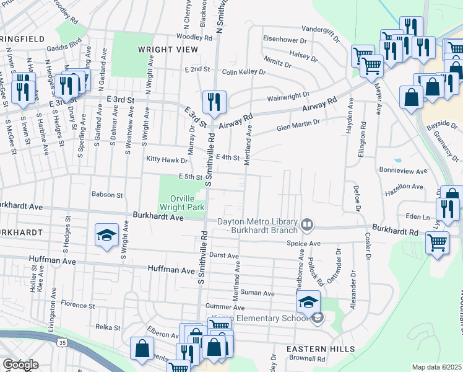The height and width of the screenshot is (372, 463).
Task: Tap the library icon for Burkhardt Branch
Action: pos(307,224)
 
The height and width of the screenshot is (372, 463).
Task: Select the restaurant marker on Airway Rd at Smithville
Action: pos(214,102)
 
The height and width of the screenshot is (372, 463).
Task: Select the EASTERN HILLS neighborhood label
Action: pos(311,350)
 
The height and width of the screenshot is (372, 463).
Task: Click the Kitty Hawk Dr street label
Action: pos(162,159)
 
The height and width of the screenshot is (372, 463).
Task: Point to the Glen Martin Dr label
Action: pos(298,125)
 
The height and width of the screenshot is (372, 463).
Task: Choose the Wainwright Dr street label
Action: pos(288,97)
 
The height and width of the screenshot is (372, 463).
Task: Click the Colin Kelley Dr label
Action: pos(244,73)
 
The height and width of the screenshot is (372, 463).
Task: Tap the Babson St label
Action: pos(107,195)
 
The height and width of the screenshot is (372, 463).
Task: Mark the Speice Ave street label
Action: pos(303,244)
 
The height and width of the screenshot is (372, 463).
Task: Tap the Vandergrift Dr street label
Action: pos(320,29)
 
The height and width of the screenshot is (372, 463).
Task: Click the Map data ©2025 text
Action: pos(436,367)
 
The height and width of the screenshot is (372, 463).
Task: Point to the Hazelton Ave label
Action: pos(405,186)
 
